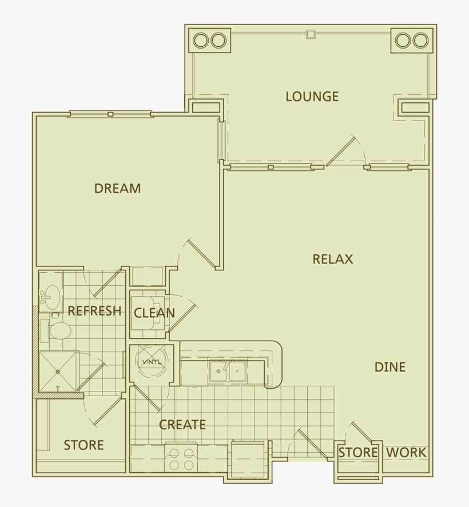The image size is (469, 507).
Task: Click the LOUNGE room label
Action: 312,97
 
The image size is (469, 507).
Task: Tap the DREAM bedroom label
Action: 117,189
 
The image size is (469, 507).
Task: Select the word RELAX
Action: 332,259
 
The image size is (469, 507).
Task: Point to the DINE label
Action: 390,367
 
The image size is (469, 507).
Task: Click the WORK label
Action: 406,453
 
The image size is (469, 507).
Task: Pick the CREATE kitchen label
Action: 182,425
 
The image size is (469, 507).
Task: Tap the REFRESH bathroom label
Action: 94,311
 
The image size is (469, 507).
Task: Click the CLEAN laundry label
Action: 154,313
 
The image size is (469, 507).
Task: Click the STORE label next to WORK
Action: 358,453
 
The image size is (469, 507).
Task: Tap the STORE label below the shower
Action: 84,445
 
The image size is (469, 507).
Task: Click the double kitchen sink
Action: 227,371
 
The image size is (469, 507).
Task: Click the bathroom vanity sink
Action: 50,296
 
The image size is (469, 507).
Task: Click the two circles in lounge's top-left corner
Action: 209,41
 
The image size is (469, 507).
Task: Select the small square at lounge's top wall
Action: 311,34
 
